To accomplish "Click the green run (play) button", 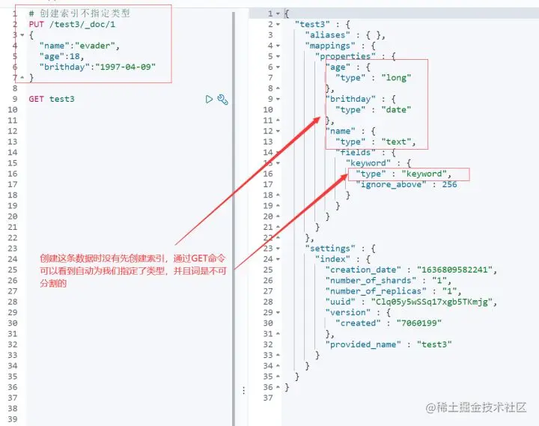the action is point(210,99).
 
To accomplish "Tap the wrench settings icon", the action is point(222,99).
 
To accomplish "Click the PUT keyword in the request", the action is point(26,25).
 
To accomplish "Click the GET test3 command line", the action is point(52,99).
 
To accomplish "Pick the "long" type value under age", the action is point(396,77).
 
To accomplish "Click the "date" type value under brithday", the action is point(396,110).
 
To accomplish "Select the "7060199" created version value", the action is point(412,323).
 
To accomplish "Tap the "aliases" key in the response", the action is point(328,34).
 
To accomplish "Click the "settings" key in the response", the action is point(329,248).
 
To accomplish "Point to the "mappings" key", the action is point(331,45).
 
